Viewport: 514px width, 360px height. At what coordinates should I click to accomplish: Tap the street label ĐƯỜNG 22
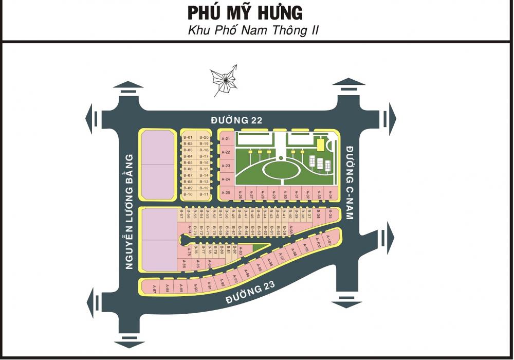tap(237, 120)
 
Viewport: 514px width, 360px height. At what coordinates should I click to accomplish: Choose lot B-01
tap(188, 137)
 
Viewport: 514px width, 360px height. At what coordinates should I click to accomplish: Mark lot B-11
tap(204, 194)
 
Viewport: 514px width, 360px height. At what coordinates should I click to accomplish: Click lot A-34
tap(330, 194)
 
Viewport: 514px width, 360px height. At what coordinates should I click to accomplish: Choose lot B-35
tap(331, 214)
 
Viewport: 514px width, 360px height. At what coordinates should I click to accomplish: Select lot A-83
tap(241, 251)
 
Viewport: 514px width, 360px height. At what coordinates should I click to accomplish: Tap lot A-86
tap(183, 265)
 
